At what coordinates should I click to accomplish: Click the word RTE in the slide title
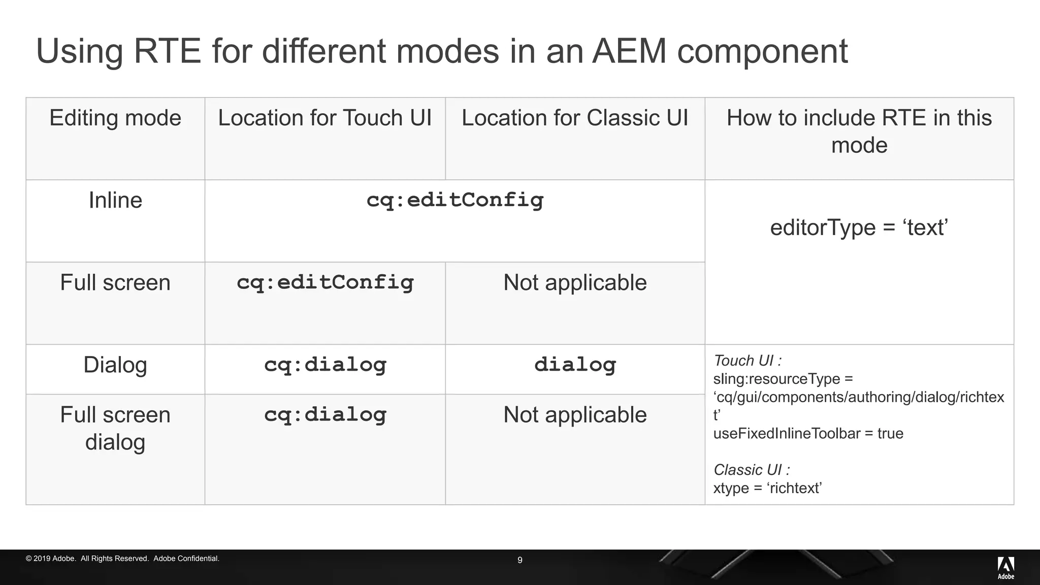167,51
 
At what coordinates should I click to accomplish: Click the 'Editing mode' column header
115,118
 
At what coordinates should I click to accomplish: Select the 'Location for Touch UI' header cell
325,118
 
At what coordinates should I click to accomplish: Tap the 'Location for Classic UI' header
575,118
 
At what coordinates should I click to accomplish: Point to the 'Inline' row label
115,200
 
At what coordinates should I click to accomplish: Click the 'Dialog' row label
115,365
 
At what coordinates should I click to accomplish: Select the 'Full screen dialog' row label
115,428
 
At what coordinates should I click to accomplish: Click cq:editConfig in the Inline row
454,200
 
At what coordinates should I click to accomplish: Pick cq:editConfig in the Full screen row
325,282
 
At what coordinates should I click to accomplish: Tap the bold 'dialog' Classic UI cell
575,365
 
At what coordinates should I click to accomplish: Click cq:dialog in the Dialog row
325,365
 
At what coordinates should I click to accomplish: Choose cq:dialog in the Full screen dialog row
325,415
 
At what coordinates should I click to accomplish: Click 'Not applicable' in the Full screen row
575,282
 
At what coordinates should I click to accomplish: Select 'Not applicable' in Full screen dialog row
575,415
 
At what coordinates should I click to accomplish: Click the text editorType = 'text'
859,227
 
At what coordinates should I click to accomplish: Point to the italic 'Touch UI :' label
747,361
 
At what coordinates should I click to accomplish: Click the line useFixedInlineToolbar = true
808,434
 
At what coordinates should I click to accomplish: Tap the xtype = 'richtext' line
767,488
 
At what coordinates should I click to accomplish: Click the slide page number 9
519,560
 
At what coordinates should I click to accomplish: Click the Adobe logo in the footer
1005,567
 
